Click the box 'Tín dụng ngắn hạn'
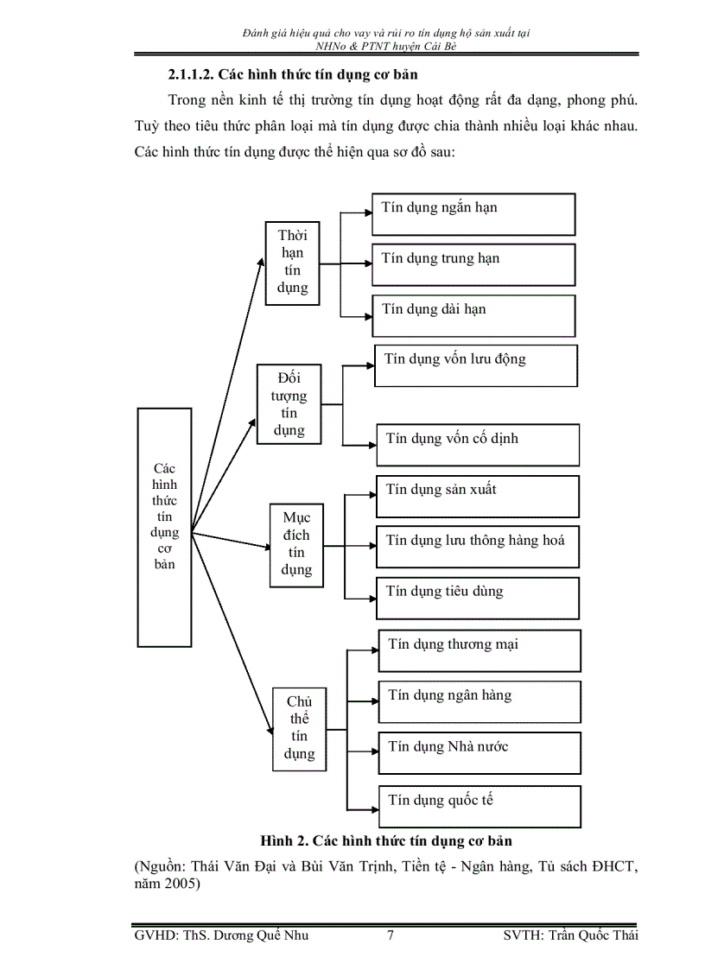[473, 214]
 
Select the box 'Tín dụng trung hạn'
[473, 264]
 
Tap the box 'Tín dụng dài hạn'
[473, 315]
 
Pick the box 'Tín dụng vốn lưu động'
[475, 365]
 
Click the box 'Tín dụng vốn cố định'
[477, 445]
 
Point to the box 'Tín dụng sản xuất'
[477, 496]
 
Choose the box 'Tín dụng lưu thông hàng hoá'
[477, 547]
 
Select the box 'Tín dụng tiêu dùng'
[477, 598]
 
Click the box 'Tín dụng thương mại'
[480, 650]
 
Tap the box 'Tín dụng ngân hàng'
[480, 701]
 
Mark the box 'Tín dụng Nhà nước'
[480, 752]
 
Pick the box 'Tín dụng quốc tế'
[480, 805]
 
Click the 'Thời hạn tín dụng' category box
[292, 263]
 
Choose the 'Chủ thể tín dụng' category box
[299, 728]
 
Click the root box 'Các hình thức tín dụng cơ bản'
[164, 527]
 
